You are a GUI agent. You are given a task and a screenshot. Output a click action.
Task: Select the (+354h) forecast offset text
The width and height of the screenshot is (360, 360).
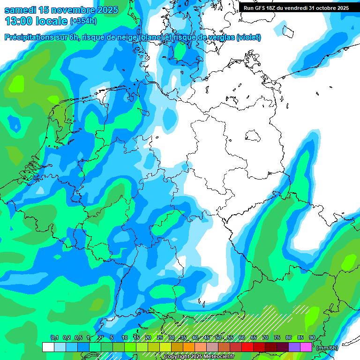[83, 22]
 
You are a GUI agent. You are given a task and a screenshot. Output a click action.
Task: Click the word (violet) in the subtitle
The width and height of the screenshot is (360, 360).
[248, 37]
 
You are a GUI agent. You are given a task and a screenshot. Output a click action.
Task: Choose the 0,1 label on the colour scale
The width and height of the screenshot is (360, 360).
[54, 338]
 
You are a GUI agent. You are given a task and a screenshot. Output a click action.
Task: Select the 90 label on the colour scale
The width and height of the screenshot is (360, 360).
[312, 338]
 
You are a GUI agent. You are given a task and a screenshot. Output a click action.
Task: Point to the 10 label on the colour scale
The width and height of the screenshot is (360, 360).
[125, 338]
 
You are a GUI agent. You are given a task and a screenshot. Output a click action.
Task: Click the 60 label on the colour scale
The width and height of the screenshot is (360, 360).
[241, 338]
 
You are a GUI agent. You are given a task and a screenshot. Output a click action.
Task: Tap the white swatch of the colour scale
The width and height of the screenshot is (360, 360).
[48, 347]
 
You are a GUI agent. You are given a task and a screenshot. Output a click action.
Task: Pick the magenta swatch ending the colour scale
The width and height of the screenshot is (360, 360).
[306, 347]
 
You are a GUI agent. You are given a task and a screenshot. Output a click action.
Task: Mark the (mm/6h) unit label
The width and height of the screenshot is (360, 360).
[328, 348]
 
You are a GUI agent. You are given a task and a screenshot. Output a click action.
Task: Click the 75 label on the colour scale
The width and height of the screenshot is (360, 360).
[277, 338]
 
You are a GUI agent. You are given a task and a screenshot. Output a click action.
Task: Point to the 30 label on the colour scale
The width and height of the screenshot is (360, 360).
[172, 338]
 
